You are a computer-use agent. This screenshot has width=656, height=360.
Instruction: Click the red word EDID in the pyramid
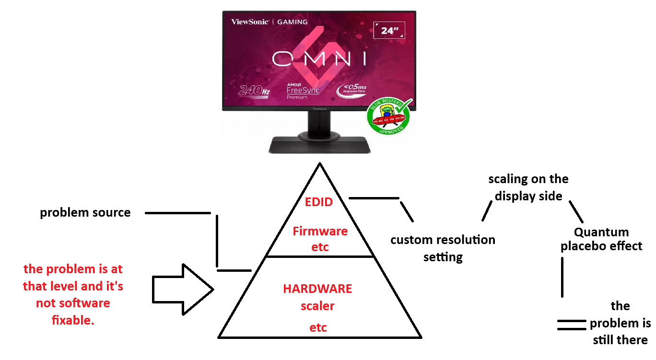pos(319,202)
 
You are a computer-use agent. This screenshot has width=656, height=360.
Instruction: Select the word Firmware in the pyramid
pos(320,231)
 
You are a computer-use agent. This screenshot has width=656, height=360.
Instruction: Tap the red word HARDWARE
pos(317,289)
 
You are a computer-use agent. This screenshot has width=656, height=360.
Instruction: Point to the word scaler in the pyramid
pos(317,306)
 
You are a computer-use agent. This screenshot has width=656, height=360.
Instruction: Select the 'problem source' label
pos(85,212)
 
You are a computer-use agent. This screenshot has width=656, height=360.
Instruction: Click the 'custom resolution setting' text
pos(443,248)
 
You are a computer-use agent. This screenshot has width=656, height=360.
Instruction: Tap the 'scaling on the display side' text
pos(528,187)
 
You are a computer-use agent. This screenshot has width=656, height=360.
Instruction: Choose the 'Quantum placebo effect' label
pos(601,239)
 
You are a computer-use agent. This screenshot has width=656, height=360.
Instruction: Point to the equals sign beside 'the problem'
pos(571,325)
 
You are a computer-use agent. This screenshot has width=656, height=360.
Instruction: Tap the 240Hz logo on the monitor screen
pos(254,90)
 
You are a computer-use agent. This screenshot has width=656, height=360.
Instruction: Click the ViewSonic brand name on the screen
pos(249,22)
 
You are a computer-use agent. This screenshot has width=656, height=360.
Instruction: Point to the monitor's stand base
pos(320,144)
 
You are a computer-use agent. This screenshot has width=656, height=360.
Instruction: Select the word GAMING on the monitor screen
pos(293,22)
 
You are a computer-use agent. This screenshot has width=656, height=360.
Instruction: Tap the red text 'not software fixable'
pos(73,303)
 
